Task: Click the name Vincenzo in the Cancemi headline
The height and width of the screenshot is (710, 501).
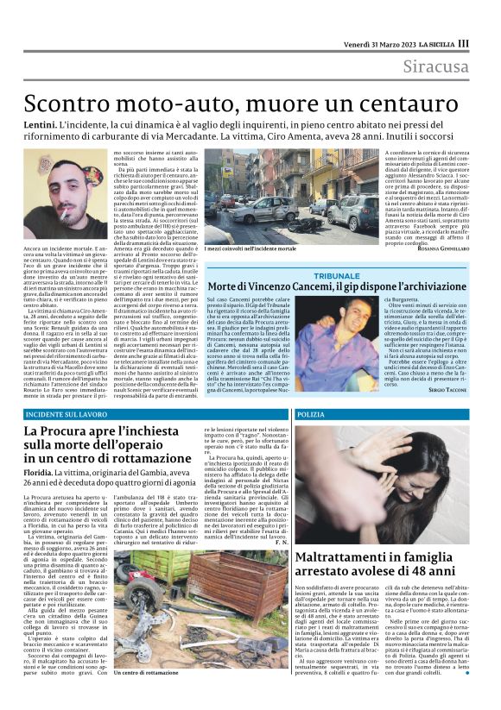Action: [287, 286]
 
